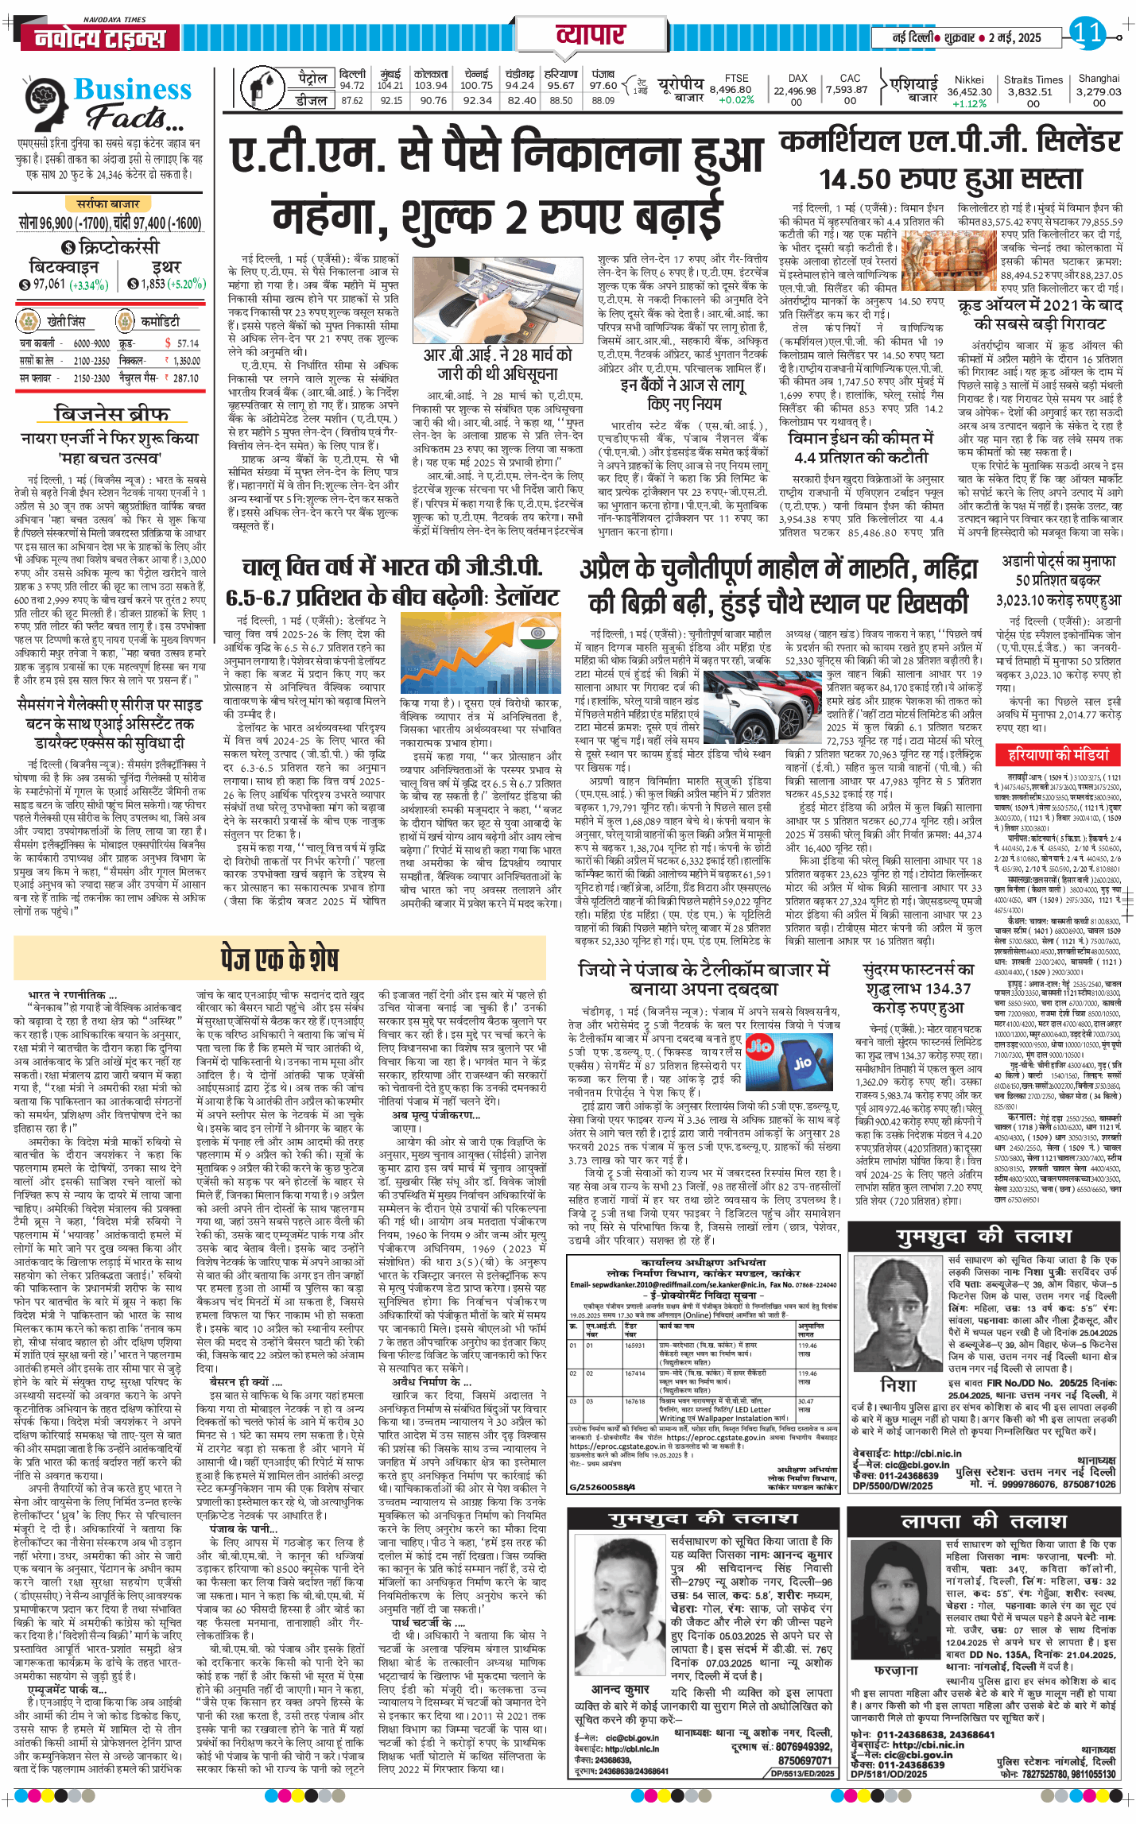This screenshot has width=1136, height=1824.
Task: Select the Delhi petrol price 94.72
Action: click(352, 86)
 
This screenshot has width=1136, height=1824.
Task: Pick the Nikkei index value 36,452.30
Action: click(969, 91)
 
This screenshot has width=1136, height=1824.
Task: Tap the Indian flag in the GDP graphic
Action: click(539, 635)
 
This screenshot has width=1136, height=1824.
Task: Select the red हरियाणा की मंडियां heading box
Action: click(1058, 754)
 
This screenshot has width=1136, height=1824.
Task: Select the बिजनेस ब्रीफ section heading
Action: click(111, 414)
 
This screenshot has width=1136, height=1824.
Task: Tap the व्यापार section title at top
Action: click(591, 35)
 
